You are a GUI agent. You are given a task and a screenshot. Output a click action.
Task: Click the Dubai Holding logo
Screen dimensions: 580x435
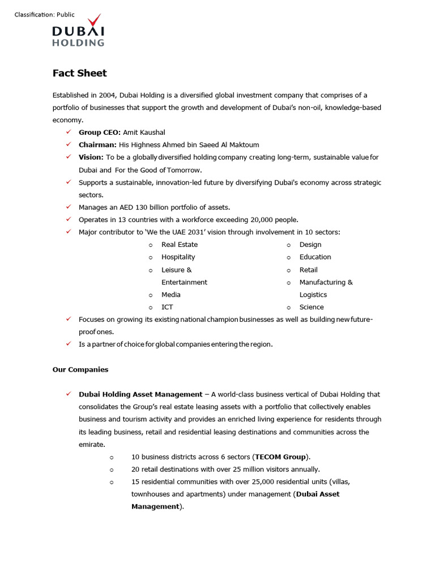coord(78,32)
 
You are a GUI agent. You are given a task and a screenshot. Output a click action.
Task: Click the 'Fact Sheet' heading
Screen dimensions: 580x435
coord(79,73)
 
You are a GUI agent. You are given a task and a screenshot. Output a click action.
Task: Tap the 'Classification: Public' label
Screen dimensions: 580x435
coord(45,15)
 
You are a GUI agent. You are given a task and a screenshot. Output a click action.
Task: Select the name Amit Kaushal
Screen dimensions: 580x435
coord(144,132)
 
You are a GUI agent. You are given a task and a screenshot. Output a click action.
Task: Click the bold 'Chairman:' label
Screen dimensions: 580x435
coord(97,144)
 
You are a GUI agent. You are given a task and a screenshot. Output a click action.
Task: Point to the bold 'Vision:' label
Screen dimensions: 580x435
coord(91,157)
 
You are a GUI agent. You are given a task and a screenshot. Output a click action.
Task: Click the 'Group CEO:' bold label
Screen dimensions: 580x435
coord(100,132)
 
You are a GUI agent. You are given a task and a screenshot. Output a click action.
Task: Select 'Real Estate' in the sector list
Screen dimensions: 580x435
coord(180,245)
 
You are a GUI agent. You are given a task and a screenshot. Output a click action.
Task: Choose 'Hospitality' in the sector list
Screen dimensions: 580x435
coord(178,257)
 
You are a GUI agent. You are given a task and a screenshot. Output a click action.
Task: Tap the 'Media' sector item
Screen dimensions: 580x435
coord(171,295)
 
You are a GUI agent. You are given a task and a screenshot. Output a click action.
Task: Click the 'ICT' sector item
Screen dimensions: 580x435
coord(167,307)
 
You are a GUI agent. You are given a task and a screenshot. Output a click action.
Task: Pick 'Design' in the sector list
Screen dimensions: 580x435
coord(310,245)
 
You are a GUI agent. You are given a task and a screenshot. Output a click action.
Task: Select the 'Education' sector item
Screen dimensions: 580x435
coord(315,257)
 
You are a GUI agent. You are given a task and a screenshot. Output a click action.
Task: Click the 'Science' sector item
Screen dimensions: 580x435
coord(312,307)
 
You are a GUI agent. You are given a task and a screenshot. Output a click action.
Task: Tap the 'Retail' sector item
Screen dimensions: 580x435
coord(309,270)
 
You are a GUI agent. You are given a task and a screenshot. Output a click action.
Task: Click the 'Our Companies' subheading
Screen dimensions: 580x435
coord(80,369)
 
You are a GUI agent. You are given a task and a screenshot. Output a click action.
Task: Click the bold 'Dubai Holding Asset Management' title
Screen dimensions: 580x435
coord(140,394)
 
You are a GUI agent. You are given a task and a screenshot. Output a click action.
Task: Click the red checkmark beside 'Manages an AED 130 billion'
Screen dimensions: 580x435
coord(68,207)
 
